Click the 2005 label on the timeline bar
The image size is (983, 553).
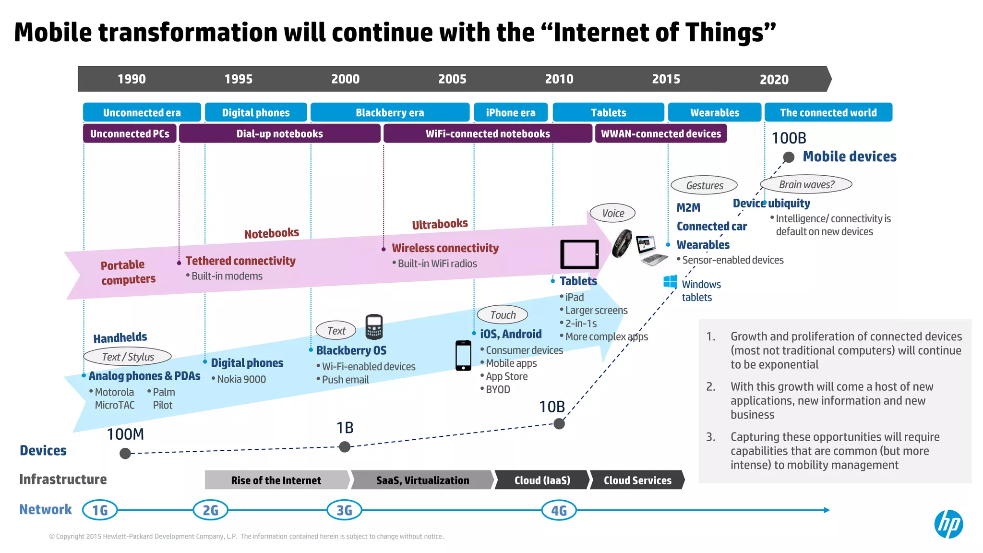point(452,79)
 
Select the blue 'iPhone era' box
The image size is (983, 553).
point(510,112)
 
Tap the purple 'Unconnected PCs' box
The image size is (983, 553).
point(130,133)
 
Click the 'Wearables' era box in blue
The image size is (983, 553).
point(714,112)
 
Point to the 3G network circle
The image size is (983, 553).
point(344,510)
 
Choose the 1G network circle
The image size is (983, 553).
point(100,510)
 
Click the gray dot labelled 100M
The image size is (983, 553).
point(125,453)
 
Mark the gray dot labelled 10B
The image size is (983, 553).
point(559,423)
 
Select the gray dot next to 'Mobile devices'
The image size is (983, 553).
point(789,157)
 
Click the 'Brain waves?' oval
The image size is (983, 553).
point(806,184)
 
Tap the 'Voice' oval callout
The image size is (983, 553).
point(613,213)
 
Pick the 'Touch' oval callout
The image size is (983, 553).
point(503,315)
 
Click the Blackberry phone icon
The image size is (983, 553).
point(374,327)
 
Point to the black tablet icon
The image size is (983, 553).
point(579,254)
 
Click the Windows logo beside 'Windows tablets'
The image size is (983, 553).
point(670,282)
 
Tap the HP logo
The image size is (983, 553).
point(948,524)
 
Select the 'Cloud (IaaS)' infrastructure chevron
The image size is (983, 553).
point(542,480)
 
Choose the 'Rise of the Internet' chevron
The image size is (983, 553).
point(276,480)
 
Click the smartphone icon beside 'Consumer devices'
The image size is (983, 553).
point(463,355)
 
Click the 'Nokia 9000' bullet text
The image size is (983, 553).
point(241,379)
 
